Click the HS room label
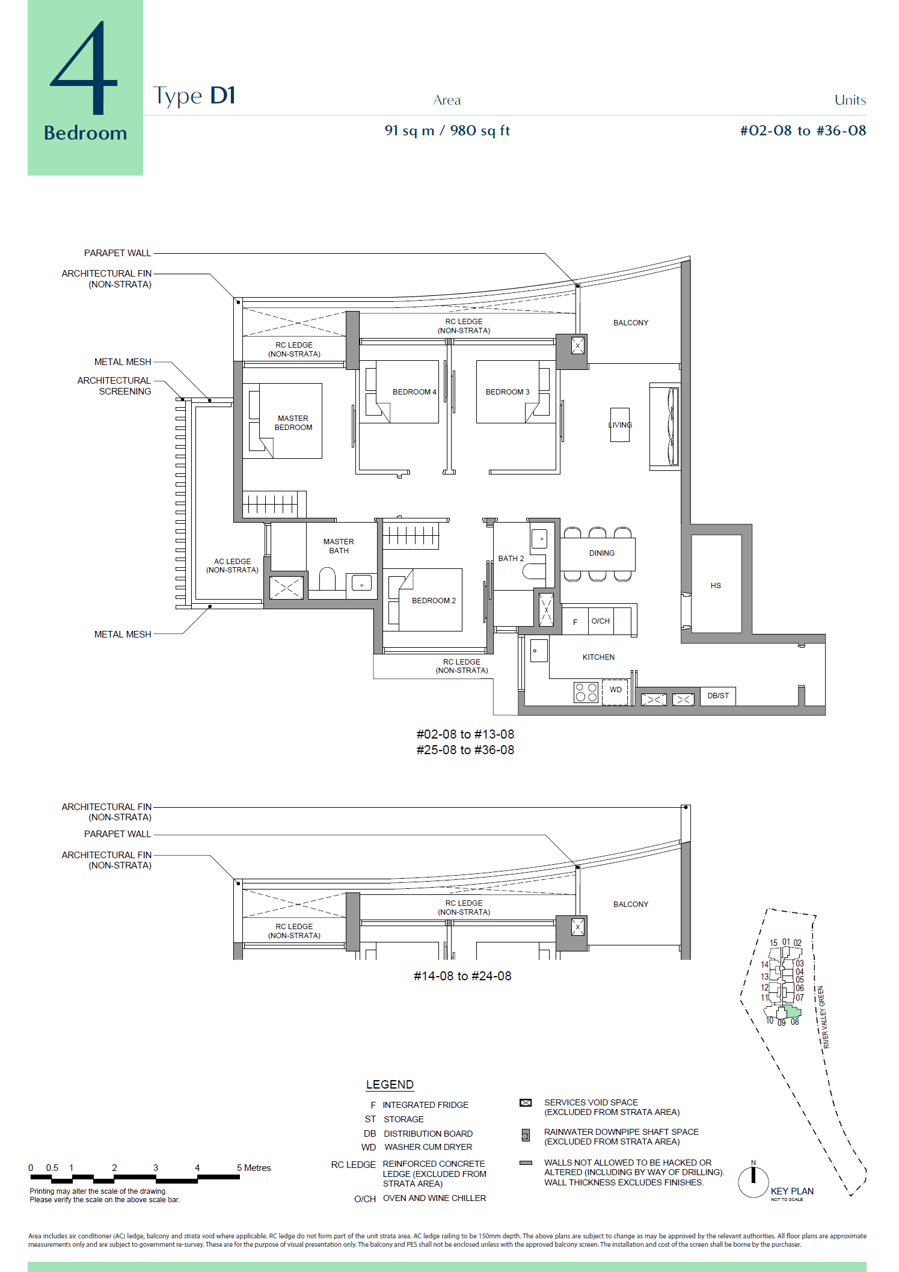715,585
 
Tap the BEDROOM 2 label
434,600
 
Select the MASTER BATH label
339,546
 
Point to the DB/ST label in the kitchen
718,696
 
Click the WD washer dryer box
615,690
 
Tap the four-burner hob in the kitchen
586,692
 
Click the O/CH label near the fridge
600,621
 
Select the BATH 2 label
511,559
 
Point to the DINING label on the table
601,553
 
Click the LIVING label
620,425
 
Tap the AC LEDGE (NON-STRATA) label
232,566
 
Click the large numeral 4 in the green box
84,69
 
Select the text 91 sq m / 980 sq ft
447,131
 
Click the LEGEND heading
390,1084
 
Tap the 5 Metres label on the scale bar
254,1168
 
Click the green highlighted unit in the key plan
793,1013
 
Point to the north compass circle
753,1182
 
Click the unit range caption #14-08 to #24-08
462,976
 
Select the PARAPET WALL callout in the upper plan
117,253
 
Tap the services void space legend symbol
526,1102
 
